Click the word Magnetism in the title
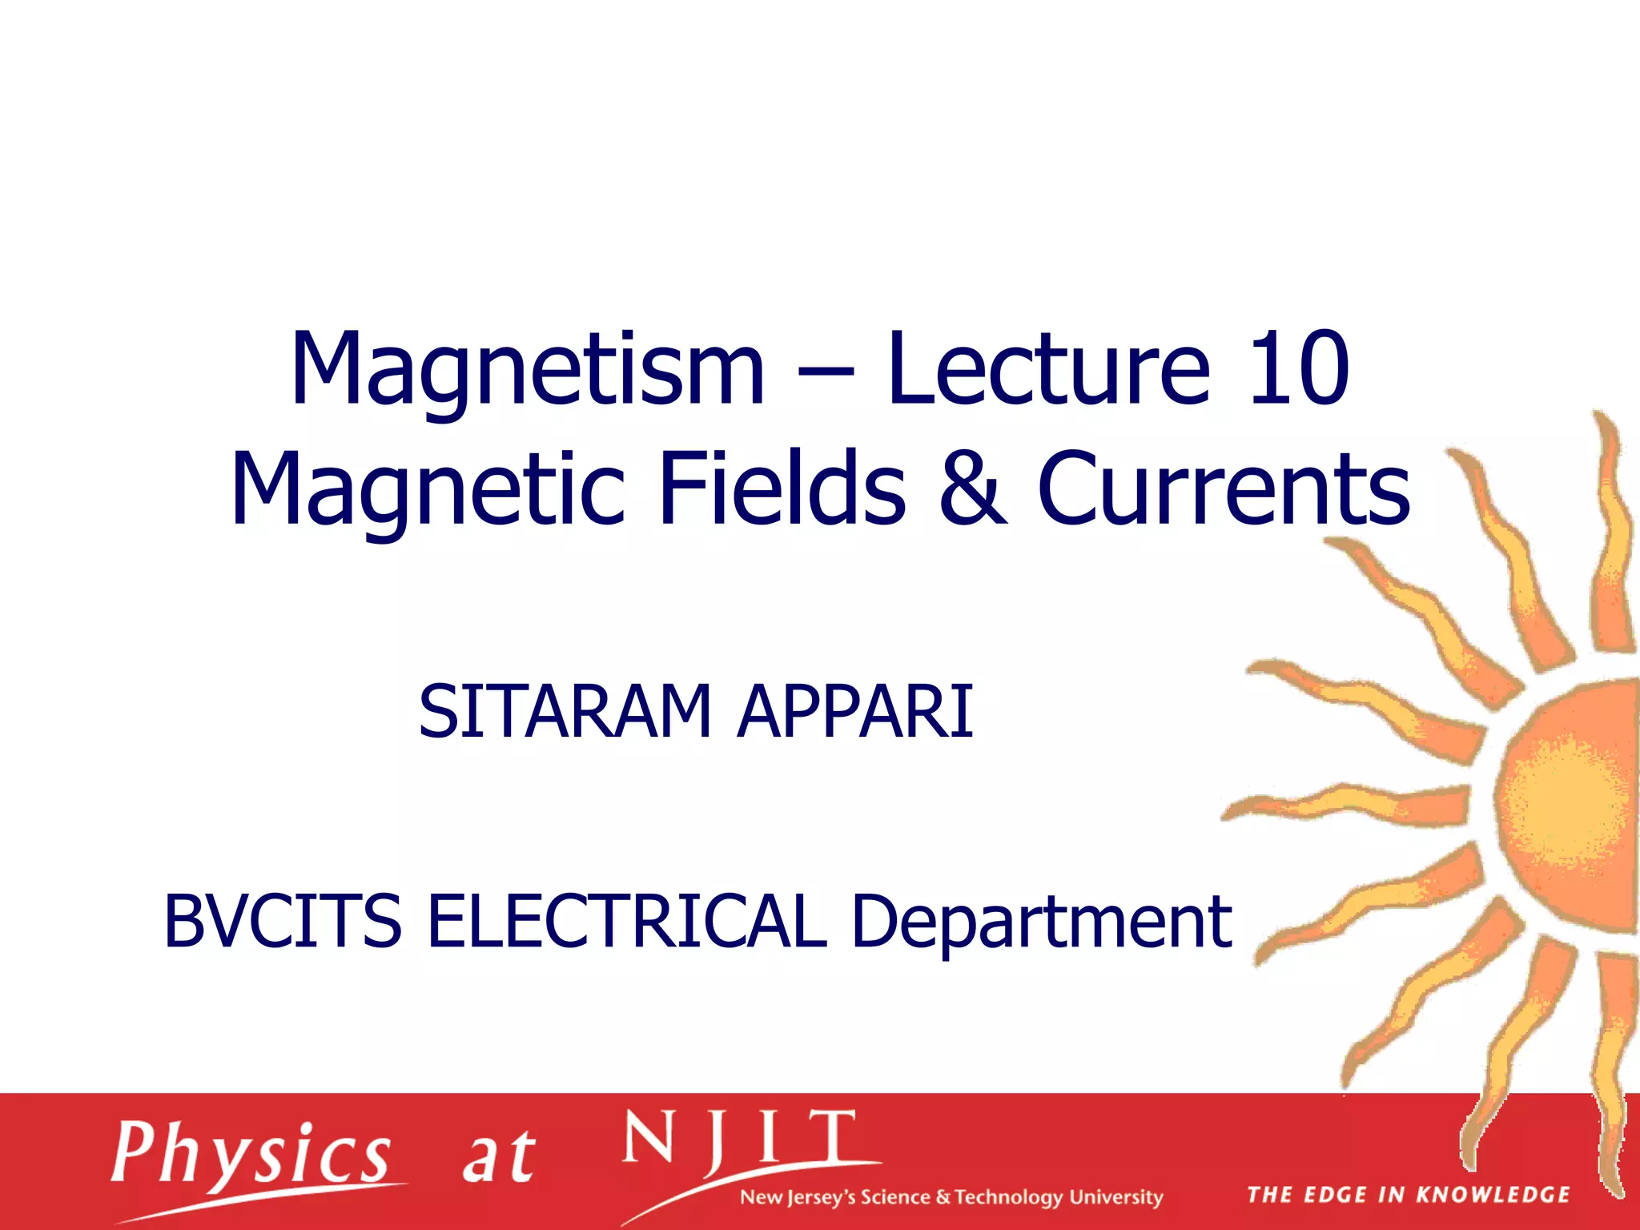coord(527,370)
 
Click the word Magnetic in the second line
coord(427,489)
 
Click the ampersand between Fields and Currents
coord(971,489)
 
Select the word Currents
coord(1223,489)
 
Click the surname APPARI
coord(854,711)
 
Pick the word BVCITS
coord(282,922)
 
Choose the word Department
coord(1040,923)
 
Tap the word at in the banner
coord(498,1158)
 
